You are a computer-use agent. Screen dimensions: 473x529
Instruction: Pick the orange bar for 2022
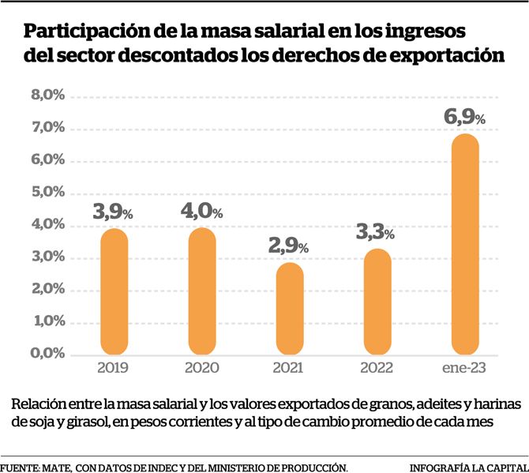pyautogui.click(x=377, y=301)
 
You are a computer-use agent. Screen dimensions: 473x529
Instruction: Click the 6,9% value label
pyautogui.click(x=464, y=118)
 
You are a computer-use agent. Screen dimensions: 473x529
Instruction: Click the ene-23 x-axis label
pyautogui.click(x=465, y=368)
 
